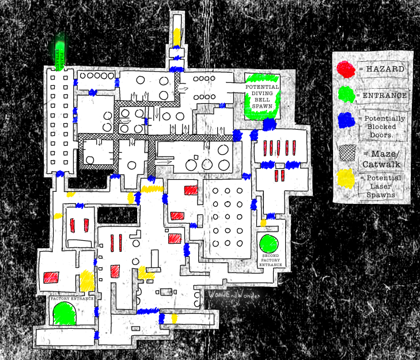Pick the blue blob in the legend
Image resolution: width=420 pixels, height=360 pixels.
tap(346, 120)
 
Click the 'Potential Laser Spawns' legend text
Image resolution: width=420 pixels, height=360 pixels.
tap(383, 186)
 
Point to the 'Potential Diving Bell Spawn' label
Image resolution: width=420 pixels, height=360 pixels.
tap(262, 96)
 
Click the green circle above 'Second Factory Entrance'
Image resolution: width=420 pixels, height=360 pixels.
tap(268, 243)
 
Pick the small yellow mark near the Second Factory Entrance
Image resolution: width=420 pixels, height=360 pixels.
tap(263, 222)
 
